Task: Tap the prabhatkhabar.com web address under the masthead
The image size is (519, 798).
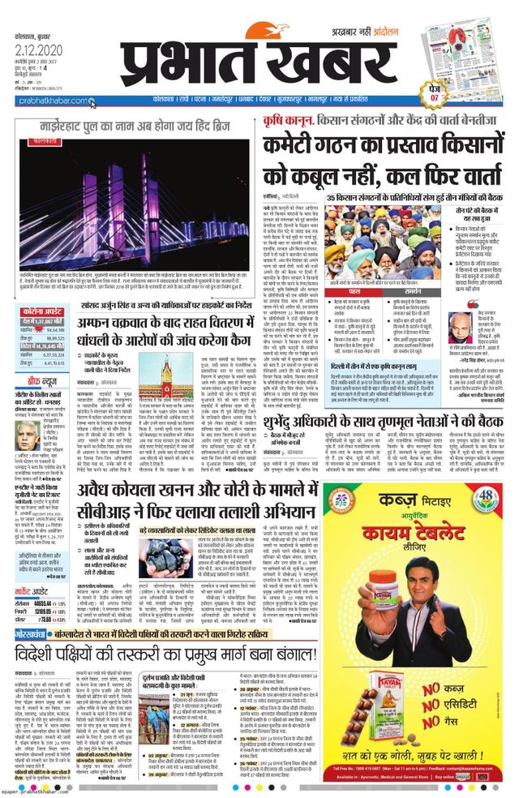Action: pyautogui.click(x=50, y=101)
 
